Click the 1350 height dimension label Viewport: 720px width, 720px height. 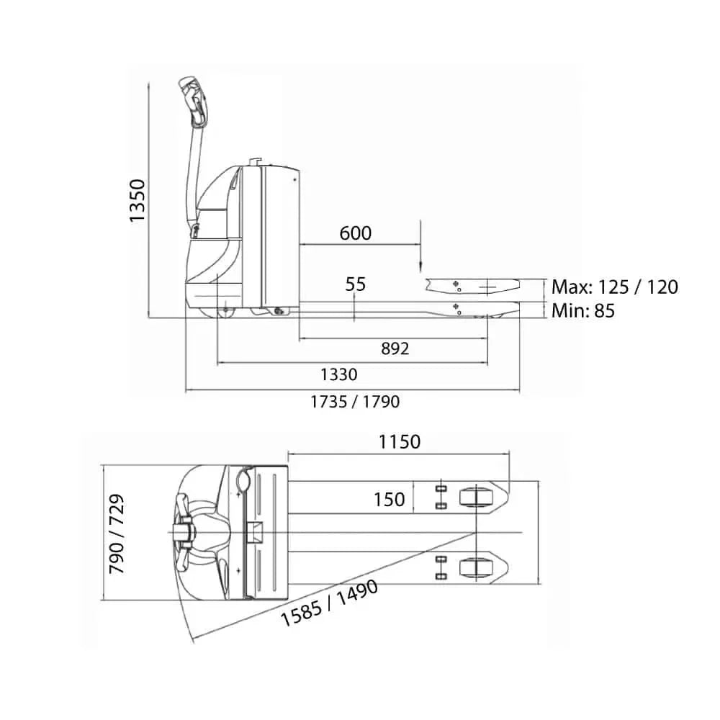[137, 201]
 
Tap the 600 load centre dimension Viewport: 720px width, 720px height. [355, 233]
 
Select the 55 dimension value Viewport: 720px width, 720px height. [355, 284]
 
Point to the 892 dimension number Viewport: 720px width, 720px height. [395, 348]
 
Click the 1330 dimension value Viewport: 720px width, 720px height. [339, 374]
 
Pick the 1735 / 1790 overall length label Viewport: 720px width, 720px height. [355, 402]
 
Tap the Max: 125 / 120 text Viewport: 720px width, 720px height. [615, 287]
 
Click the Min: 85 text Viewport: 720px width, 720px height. [583, 311]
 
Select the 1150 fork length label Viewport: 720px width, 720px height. [400, 442]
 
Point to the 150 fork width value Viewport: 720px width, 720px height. [389, 499]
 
